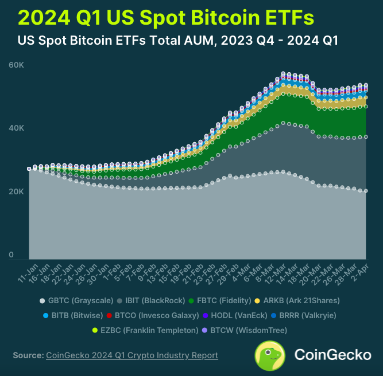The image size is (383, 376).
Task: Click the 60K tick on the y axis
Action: point(16,65)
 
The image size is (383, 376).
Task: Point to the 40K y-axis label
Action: point(16,128)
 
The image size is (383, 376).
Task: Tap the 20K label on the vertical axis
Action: point(16,191)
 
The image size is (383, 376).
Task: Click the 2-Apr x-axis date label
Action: point(360,270)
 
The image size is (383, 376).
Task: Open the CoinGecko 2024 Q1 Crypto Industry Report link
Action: point(131,355)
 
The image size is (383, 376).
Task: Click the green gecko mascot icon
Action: point(271,355)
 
